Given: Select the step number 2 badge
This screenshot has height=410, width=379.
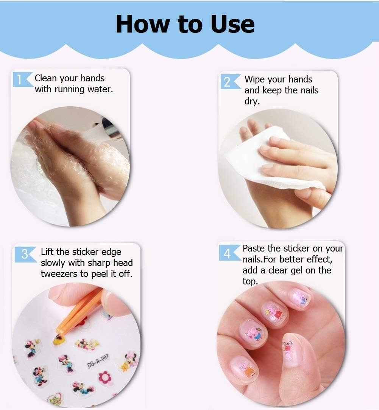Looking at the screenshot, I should pos(227,82).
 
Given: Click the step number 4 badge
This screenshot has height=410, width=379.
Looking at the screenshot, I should pos(227,253).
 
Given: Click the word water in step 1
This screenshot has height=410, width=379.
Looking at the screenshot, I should pos(100,90).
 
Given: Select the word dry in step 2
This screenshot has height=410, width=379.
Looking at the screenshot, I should pos(251,101).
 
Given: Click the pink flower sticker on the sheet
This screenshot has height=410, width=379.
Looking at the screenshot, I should pos(105,377).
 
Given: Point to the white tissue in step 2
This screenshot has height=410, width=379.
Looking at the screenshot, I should pos(265,159).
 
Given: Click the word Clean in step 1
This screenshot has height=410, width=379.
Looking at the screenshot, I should pos(45,78).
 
